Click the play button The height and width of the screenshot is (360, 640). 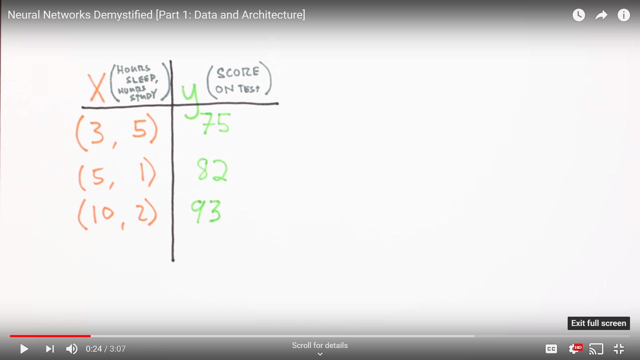pyautogui.click(x=24, y=349)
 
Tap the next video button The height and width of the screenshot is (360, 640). pyautogui.click(x=50, y=349)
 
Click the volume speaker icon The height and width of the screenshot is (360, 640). pyautogui.click(x=72, y=349)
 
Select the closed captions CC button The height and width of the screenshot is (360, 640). pyautogui.click(x=551, y=349)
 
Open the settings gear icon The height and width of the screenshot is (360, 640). pyautogui.click(x=574, y=349)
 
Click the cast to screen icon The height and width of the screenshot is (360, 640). pyautogui.click(x=596, y=349)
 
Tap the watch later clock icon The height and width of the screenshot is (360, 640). pyautogui.click(x=579, y=15)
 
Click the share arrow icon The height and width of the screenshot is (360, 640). pyautogui.click(x=601, y=15)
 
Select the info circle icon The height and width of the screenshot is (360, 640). pyautogui.click(x=624, y=15)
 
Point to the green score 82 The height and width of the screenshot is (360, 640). pyautogui.click(x=212, y=170)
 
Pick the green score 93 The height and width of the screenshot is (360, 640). pyautogui.click(x=206, y=211)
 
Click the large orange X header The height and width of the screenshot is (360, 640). pyautogui.click(x=97, y=88)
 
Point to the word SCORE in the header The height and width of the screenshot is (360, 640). pyautogui.click(x=238, y=72)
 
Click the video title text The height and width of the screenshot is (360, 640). pyautogui.click(x=156, y=15)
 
